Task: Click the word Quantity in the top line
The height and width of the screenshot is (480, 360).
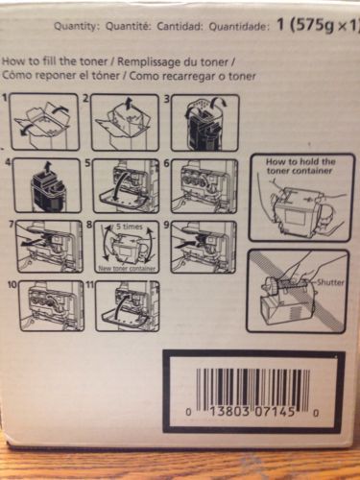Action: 75,27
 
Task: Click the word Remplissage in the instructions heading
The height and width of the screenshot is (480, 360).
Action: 148,61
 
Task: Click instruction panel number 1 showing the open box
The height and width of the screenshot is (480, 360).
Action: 43,122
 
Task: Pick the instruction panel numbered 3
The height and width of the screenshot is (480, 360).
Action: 205,123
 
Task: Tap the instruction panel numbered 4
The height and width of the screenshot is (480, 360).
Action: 46,185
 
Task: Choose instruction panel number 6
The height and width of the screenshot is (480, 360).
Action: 205,186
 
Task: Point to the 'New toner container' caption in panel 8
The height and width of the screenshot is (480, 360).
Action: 127,269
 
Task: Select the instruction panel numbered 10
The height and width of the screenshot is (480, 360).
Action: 51,305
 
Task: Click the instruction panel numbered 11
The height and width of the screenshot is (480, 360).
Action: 127,305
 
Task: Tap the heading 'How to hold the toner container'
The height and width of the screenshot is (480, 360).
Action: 300,166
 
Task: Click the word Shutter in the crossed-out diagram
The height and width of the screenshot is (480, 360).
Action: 329,282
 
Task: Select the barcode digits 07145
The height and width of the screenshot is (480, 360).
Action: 275,413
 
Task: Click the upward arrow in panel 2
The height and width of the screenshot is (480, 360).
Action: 128,105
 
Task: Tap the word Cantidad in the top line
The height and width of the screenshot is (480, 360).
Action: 180,27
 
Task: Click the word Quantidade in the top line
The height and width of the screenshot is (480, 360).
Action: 238,27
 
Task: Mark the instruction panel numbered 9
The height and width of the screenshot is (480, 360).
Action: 205,247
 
